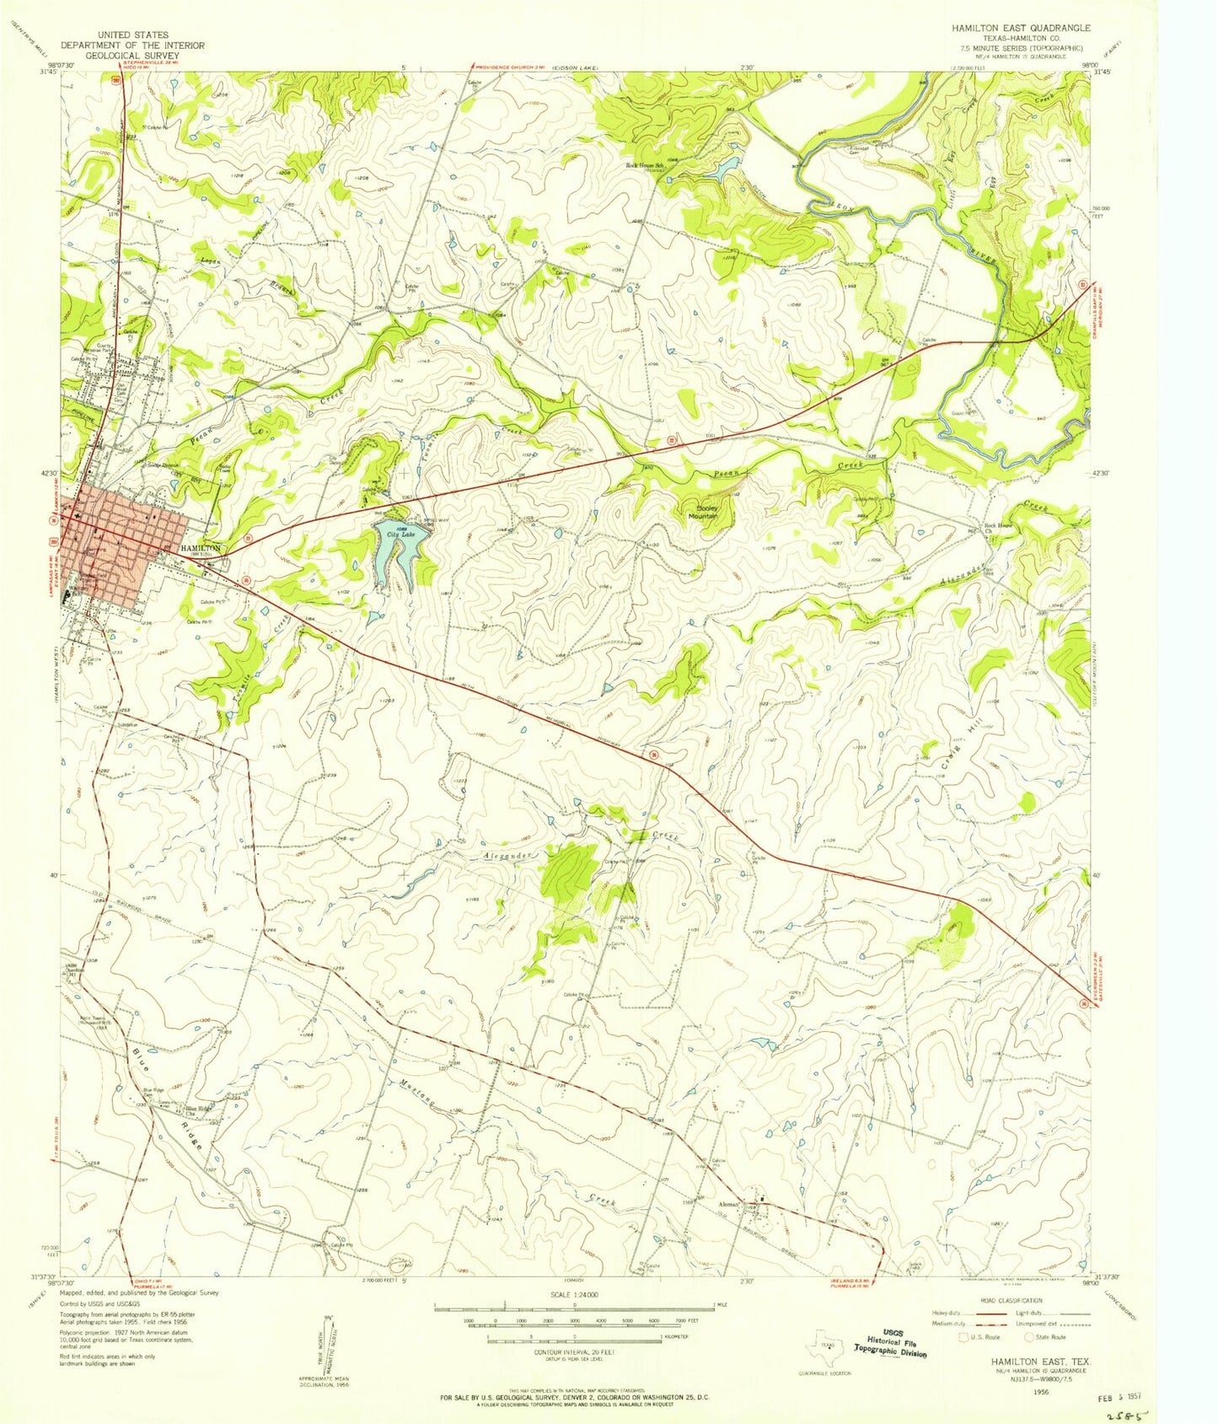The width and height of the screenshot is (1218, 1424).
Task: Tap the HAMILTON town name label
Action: [201, 548]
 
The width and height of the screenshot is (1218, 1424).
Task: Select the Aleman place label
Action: [728, 1205]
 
